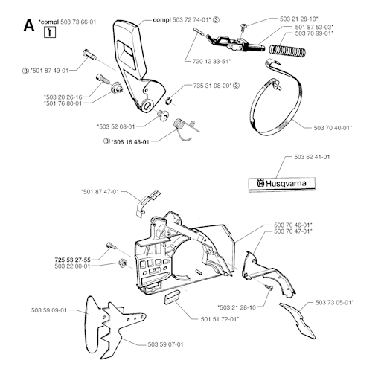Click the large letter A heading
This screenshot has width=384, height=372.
click(x=29, y=25)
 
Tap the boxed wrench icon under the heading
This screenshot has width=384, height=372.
click(x=50, y=32)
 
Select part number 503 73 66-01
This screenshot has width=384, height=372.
click(x=78, y=22)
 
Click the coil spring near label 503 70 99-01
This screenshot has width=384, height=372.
click(x=287, y=50)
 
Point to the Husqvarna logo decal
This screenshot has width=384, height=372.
click(x=282, y=184)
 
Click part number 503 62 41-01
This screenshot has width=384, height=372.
click(x=312, y=157)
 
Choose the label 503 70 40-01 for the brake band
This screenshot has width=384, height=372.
click(x=333, y=128)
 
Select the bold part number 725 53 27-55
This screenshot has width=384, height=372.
click(x=72, y=260)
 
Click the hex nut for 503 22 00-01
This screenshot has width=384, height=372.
click(x=122, y=263)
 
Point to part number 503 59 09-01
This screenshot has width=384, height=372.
click(x=49, y=310)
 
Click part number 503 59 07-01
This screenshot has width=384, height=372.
click(x=165, y=344)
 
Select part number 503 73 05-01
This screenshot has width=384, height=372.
click(x=334, y=302)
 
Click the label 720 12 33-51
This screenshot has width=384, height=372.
click(x=211, y=61)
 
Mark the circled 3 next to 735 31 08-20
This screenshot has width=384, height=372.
click(x=237, y=86)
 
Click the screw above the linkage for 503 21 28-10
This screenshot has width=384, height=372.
click(x=243, y=28)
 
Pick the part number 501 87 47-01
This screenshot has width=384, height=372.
click(x=100, y=192)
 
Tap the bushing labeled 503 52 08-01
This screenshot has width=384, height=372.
click(x=163, y=115)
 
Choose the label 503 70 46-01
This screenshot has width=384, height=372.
click(x=293, y=225)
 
